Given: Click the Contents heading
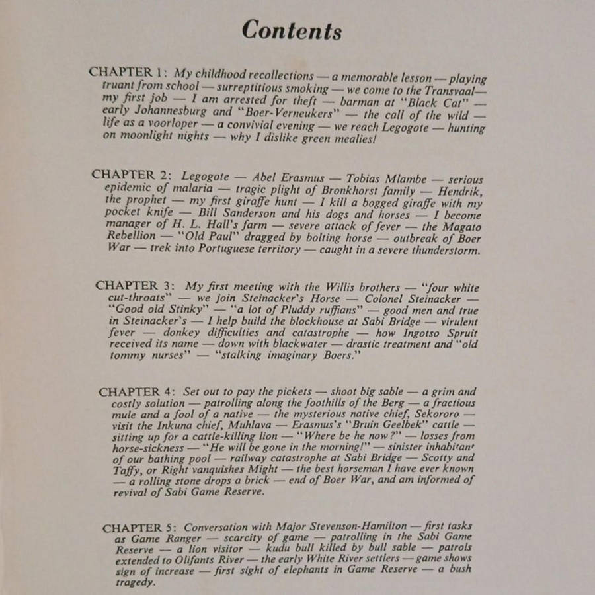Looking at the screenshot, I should [292, 30].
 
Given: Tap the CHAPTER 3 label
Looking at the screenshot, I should [136, 286].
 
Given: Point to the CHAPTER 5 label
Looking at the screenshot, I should [140, 528].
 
